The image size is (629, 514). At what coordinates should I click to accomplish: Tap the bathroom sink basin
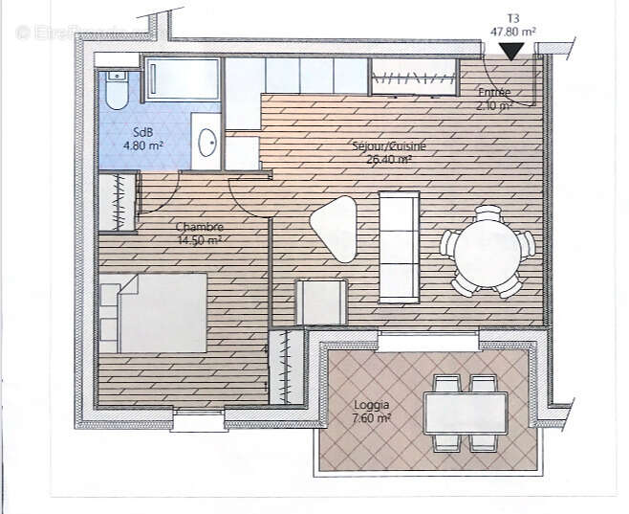(206, 144)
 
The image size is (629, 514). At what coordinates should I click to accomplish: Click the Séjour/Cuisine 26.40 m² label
(388, 153)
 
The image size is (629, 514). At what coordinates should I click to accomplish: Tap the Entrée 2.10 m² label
(494, 99)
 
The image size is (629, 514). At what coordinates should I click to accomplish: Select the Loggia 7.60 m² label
(371, 412)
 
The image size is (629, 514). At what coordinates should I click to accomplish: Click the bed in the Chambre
(155, 312)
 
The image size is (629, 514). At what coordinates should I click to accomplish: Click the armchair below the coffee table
(320, 302)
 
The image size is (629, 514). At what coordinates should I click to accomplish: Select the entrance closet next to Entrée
(412, 77)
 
